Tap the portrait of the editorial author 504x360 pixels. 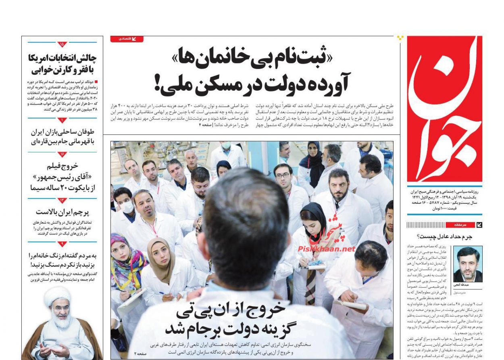[x=468, y=264]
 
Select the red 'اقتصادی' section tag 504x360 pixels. [x=127, y=39]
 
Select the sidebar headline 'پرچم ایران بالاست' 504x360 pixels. [x=62, y=212]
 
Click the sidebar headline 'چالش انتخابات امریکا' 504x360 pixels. [x=62, y=58]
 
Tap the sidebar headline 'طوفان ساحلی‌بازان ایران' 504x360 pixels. [x=62, y=132]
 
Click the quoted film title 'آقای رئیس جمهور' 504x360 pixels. [x=62, y=177]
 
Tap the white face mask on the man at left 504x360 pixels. [x=127, y=207]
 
